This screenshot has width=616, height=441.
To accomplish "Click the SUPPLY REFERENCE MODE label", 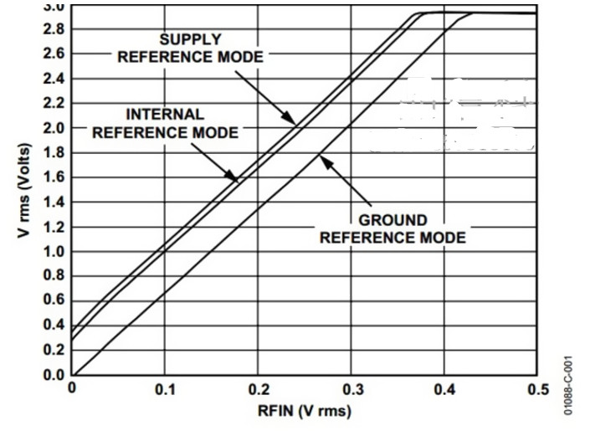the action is [x=191, y=49].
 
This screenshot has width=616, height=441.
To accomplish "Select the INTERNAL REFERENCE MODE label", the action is [x=165, y=123].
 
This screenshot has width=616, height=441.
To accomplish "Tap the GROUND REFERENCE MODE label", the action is [x=393, y=228].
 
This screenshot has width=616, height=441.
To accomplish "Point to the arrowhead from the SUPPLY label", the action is [x=289, y=117].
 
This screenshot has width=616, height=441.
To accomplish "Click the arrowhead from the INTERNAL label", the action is [x=231, y=175].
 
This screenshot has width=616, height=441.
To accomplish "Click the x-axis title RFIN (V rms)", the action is [x=305, y=411].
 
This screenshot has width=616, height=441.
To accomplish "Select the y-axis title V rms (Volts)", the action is [x=24, y=191].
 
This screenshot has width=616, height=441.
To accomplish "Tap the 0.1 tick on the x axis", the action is [x=165, y=389].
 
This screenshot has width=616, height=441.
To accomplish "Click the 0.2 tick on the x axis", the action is [x=259, y=389].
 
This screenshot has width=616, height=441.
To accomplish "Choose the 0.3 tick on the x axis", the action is [x=352, y=389].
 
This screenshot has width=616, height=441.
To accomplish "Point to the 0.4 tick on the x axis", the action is [x=445, y=389].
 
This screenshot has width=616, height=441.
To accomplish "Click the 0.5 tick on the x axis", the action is [x=538, y=389].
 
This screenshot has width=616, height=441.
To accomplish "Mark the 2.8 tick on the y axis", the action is [x=54, y=29].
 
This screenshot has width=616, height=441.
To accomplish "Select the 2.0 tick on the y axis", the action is [x=54, y=128].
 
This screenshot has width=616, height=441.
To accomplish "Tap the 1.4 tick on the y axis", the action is [x=54, y=203].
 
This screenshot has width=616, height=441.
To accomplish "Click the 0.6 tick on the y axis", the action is [x=54, y=300].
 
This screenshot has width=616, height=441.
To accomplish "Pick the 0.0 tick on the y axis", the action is [x=54, y=375].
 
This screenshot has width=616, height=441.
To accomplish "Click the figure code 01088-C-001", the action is [x=568, y=386].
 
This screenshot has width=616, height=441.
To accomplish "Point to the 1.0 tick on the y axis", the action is [x=54, y=251].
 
